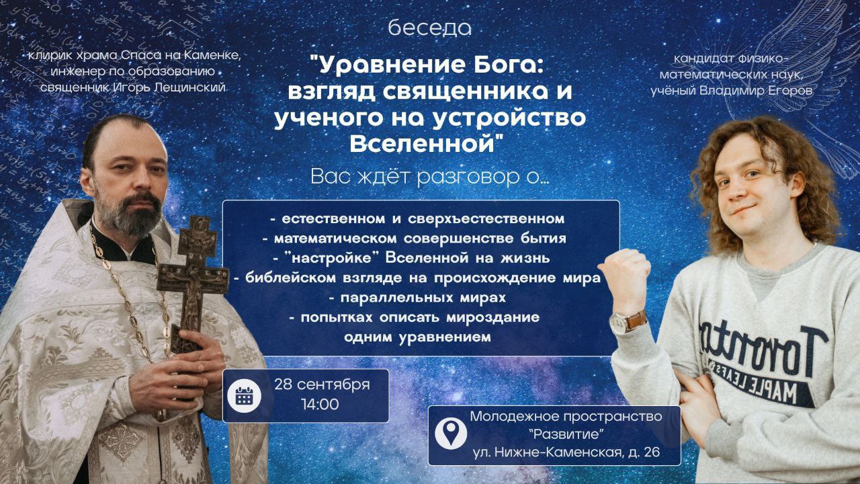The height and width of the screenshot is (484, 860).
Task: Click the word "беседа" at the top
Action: (429, 28)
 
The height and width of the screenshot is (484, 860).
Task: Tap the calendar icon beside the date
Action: (244, 396)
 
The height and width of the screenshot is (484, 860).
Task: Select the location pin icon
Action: (451, 434)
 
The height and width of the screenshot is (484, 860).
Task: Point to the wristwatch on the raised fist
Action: (628, 322)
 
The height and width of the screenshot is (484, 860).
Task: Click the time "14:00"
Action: (320, 405)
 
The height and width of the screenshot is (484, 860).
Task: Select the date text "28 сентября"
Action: (322, 385)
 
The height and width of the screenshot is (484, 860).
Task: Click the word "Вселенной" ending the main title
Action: (422, 144)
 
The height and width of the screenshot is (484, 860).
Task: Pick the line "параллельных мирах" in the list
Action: (423, 298)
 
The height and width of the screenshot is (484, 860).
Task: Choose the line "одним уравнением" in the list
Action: (417, 337)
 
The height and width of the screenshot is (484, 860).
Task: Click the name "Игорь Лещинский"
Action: (169, 87)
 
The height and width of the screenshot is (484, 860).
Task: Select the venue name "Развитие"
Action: (566, 434)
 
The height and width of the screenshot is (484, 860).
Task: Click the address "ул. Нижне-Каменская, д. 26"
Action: (566, 452)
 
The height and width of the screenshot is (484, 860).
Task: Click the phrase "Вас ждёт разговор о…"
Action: (429, 177)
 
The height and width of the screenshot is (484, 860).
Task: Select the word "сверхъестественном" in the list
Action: (486, 219)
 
